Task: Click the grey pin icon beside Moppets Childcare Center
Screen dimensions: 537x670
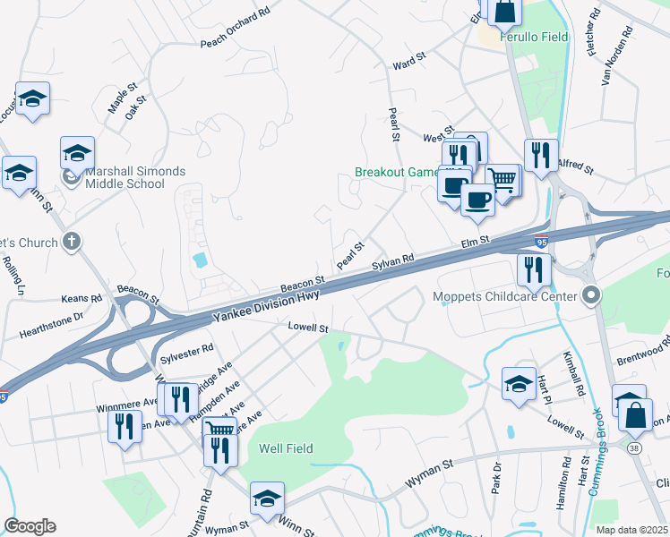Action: [590, 294]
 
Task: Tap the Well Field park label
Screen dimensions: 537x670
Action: [286, 447]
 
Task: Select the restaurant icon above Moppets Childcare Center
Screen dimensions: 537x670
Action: [533, 268]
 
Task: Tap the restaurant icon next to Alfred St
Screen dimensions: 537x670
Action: [541, 156]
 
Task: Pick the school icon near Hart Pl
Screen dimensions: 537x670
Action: [519, 384]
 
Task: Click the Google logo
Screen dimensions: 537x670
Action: [30, 526]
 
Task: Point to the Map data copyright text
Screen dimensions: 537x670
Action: [631, 530]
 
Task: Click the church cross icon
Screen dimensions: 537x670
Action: [73, 242]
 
